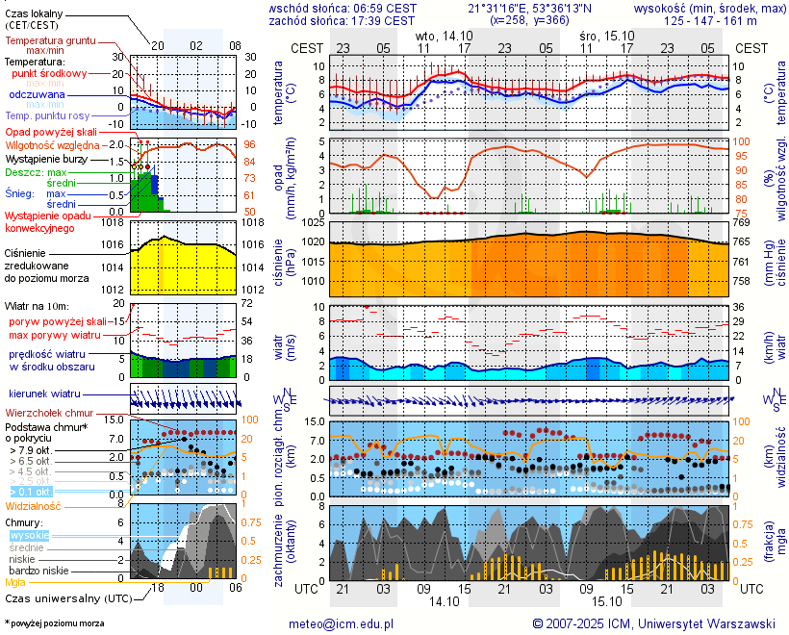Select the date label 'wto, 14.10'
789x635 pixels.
click(x=445, y=34)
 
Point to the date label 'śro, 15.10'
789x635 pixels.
click(x=607, y=34)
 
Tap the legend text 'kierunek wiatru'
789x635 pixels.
click(x=45, y=394)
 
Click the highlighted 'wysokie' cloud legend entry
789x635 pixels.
click(x=29, y=535)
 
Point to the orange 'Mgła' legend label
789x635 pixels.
click(x=16, y=582)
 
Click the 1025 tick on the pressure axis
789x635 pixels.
click(x=308, y=223)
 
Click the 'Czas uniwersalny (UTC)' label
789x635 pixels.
click(x=64, y=598)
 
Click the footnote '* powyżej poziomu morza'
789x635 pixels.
click(x=55, y=623)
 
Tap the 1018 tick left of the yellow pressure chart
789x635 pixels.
click(x=113, y=222)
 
